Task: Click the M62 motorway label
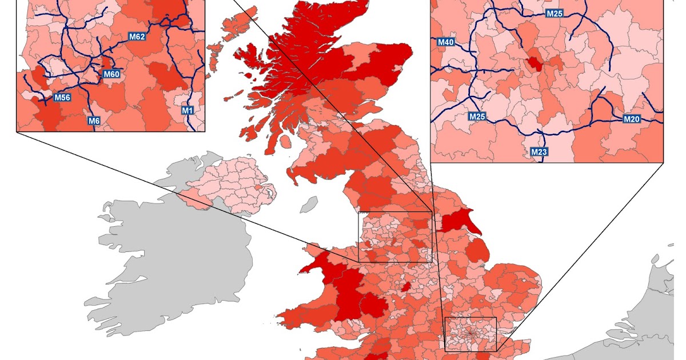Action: coord(137,37)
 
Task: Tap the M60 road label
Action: coord(111,74)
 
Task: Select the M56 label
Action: coord(62,98)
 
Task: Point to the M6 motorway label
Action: coord(94,121)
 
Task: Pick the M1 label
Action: coord(188,110)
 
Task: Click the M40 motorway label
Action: coord(445,42)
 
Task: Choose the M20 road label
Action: coord(631,119)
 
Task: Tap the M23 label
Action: coord(539,152)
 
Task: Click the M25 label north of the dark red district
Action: coord(554,13)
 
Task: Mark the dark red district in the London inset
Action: coord(536,63)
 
